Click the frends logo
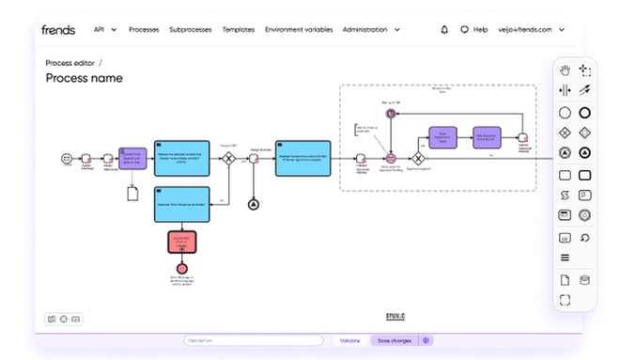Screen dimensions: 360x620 [x=58, y=29]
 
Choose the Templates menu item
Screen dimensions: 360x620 [x=239, y=29]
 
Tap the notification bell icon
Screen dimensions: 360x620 [x=444, y=29]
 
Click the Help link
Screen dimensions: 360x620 [x=474, y=29]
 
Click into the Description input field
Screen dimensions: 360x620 [x=253, y=340]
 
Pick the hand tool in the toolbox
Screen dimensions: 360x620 [x=565, y=70]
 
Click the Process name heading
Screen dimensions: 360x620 [x=85, y=78]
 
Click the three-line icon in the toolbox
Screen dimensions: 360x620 [x=565, y=258]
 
